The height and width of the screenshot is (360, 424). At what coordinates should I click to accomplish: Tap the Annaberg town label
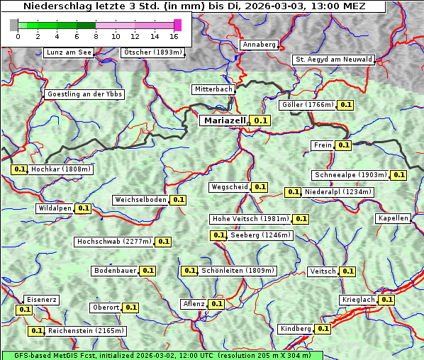pos(259,45)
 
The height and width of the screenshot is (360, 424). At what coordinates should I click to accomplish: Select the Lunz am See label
pos(69,52)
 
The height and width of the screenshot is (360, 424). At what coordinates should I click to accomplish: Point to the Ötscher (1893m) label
pos(152,52)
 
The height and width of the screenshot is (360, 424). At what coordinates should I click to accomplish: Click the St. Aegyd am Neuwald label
pos(333,60)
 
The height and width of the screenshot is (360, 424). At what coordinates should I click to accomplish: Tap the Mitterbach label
pos(213,89)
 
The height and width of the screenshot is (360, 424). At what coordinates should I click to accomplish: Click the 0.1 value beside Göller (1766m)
pos(345,105)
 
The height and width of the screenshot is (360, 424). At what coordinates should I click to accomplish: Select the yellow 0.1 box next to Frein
pos(343,145)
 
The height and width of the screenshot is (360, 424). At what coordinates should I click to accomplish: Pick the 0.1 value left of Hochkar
pos(20,170)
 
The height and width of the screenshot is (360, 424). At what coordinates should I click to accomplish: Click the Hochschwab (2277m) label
pos(114,242)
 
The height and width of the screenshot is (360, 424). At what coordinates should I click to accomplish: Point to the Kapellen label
pos(394,218)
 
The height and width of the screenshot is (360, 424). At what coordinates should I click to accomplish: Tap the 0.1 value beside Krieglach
pos(386,300)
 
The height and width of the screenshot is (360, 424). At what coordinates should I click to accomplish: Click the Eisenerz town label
pos(41,300)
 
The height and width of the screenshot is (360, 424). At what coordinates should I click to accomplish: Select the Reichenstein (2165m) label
pos(87,331)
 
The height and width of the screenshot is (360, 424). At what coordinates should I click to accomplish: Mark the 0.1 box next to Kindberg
pos(323,329)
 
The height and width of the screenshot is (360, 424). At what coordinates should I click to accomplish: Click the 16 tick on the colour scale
pos(174,36)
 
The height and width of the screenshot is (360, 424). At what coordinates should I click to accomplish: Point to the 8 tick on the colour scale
pos(95,36)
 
